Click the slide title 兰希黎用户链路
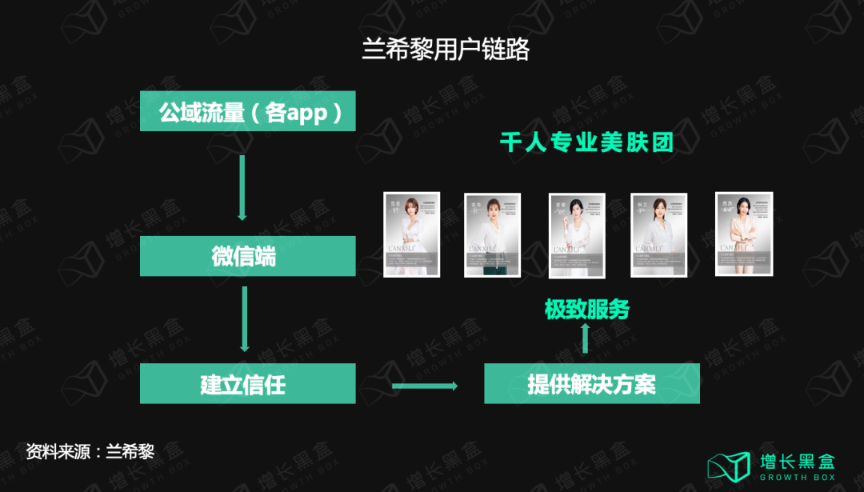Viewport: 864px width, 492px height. [x=446, y=50]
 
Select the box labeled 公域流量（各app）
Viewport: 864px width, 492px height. [x=248, y=111]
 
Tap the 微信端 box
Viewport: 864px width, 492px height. [x=248, y=256]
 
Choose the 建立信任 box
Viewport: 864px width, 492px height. [x=248, y=384]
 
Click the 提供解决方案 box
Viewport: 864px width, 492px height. [x=592, y=384]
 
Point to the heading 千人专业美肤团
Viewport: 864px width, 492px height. [x=586, y=142]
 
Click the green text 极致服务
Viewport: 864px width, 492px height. [x=586, y=309]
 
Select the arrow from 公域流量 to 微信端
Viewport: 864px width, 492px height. [x=242, y=187]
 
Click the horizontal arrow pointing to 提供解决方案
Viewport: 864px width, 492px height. [x=424, y=386]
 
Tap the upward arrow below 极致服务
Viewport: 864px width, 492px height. [x=585, y=338]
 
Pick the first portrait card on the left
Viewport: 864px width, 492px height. [x=412, y=234]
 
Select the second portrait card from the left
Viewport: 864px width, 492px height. [x=493, y=234]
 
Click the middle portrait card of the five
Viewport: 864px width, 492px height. [x=576, y=235]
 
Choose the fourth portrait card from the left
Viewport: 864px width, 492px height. [x=658, y=235]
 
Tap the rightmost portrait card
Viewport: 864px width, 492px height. [x=743, y=233]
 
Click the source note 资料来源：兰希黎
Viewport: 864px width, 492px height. [x=90, y=451]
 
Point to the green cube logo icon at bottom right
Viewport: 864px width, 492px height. [x=728, y=466]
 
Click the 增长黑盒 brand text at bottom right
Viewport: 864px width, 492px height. [x=797, y=461]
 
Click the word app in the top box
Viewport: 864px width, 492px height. [x=307, y=113]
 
